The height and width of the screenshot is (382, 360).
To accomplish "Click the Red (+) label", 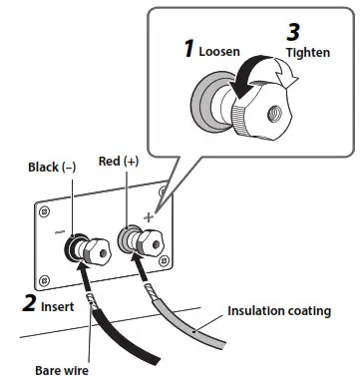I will pyautogui.click(x=122, y=162).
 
